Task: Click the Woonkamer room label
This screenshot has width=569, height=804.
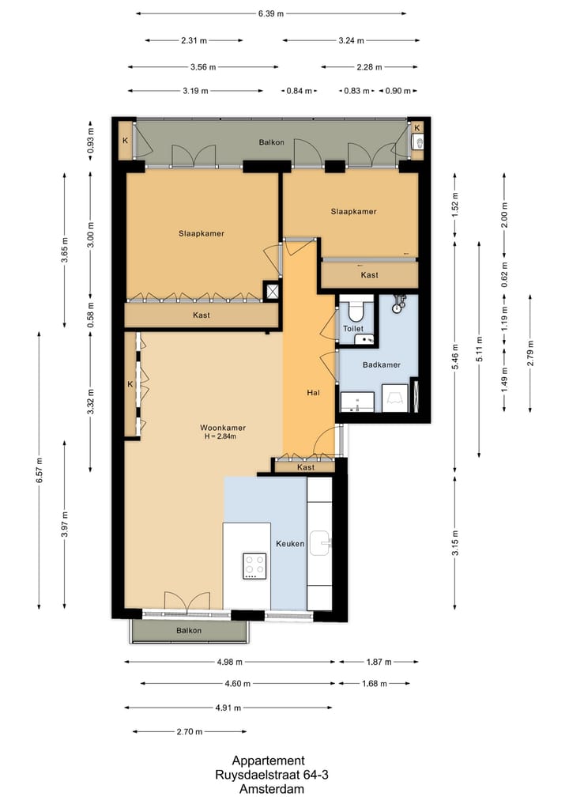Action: (x=223, y=428)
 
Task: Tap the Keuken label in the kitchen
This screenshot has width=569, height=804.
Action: (x=290, y=544)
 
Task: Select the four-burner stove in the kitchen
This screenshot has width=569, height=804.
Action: (x=254, y=566)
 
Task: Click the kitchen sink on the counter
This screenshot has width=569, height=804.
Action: (x=320, y=543)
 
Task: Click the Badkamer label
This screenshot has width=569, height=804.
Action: (x=382, y=365)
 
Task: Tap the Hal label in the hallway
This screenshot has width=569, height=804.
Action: (x=313, y=393)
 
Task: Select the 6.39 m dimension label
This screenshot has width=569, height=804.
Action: (x=270, y=14)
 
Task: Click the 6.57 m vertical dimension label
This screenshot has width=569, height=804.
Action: (x=40, y=470)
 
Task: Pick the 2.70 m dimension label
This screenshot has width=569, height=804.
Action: (x=189, y=732)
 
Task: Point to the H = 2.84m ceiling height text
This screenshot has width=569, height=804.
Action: (x=220, y=437)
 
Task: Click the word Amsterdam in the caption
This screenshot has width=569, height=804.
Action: (x=272, y=789)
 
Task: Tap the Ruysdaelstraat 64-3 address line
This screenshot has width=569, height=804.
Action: (x=272, y=775)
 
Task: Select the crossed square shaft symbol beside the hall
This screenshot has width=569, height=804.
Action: (x=272, y=291)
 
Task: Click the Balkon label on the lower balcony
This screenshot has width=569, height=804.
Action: (x=189, y=631)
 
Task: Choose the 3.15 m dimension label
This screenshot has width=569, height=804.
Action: (x=456, y=543)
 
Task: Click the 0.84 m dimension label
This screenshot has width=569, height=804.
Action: (x=299, y=91)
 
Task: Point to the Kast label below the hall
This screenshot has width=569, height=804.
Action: (x=306, y=467)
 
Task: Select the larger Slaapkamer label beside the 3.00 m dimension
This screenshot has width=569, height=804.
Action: (x=202, y=233)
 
